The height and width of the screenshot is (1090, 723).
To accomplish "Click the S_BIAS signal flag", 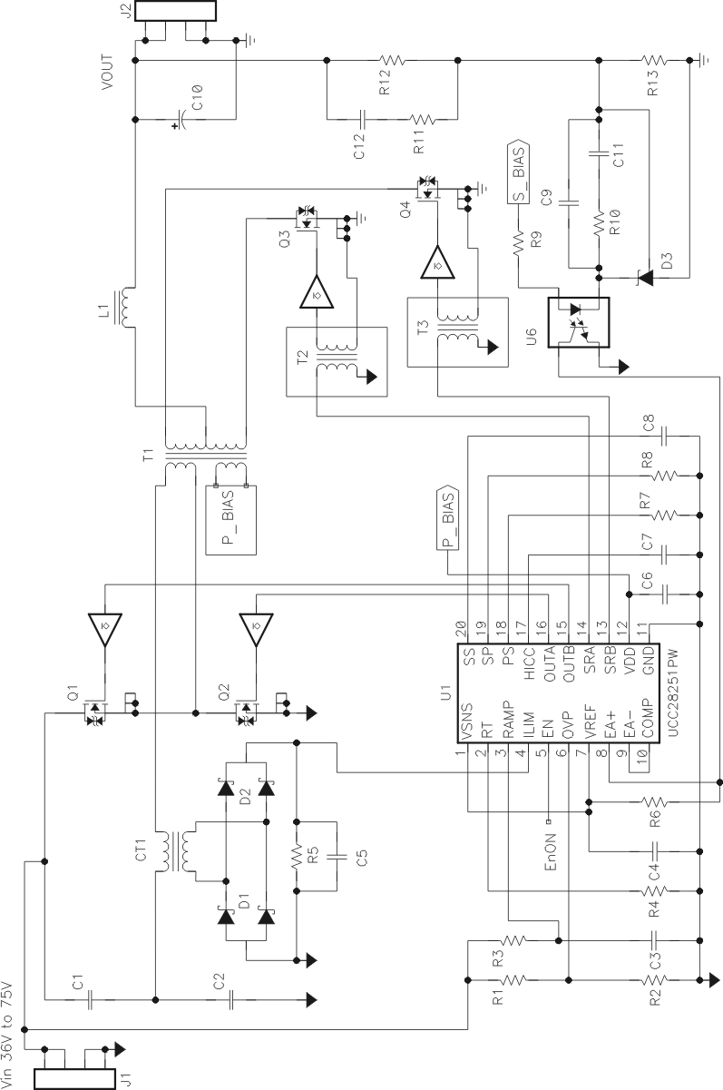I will point(517,171).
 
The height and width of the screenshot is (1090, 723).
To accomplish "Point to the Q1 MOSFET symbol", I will point(93,712).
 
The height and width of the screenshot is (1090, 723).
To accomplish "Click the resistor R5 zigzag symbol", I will point(296,854).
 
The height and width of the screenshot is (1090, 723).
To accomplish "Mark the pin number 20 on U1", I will point(461,626).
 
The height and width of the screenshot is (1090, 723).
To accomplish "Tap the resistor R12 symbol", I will point(392,61).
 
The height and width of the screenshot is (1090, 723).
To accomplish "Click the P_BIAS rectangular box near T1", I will point(228,518).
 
